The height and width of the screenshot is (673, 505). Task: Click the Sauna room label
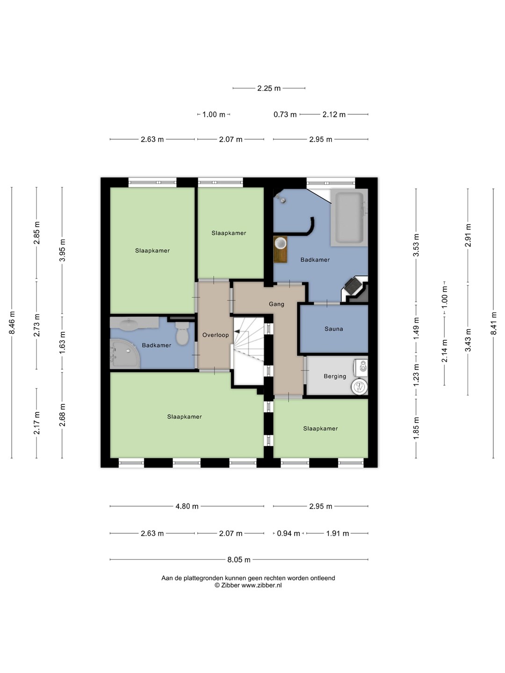point(333,329)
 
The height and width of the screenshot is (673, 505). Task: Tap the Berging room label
point(335,376)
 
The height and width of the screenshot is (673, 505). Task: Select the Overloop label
point(216,335)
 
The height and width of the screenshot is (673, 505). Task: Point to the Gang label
point(276,304)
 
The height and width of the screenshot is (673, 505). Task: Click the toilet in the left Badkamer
point(182,333)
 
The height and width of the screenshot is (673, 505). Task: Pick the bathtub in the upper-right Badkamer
point(349,217)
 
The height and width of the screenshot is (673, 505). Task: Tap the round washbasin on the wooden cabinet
point(281,243)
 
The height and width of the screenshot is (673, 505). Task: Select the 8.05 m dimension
point(239,559)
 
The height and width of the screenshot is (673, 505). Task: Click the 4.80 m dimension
point(187,506)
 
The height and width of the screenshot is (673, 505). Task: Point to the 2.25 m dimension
point(269,88)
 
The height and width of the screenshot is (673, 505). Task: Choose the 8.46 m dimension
point(12,322)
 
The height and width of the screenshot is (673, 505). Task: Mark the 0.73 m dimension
point(285,115)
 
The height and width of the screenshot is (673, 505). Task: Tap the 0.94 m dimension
point(288,534)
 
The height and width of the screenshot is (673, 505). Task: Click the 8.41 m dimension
point(493,323)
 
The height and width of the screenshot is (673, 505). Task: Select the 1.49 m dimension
point(416,329)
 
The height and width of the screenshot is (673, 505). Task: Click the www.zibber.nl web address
point(261,585)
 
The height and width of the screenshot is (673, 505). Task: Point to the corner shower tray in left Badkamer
point(124,353)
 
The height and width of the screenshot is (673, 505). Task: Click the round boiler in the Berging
point(359,387)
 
